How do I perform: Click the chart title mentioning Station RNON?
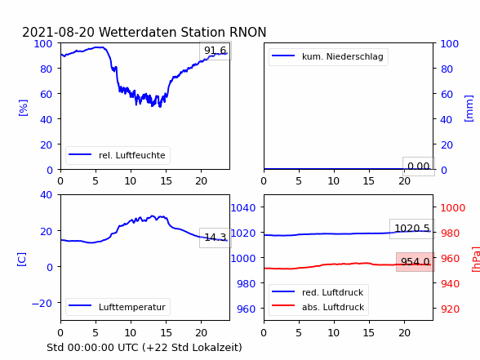coord(144,32)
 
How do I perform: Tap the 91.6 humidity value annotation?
coord(216,51)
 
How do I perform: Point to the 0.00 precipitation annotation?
coord(419,167)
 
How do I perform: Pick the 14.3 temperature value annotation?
coord(216,238)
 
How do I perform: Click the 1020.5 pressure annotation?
coord(412,228)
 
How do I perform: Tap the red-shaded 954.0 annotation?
coord(416,262)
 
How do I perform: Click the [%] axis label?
coord(23,108)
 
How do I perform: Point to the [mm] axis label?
coord(469,109)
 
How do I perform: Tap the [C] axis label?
coord(22,260)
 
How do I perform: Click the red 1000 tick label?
coord(453,208)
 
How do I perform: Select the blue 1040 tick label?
coord(243,208)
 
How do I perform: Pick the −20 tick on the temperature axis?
coord(42,303)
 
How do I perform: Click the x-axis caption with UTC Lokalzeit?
coord(144,348)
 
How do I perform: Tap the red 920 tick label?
coord(450,309)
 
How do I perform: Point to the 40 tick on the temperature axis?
coord(46,194)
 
